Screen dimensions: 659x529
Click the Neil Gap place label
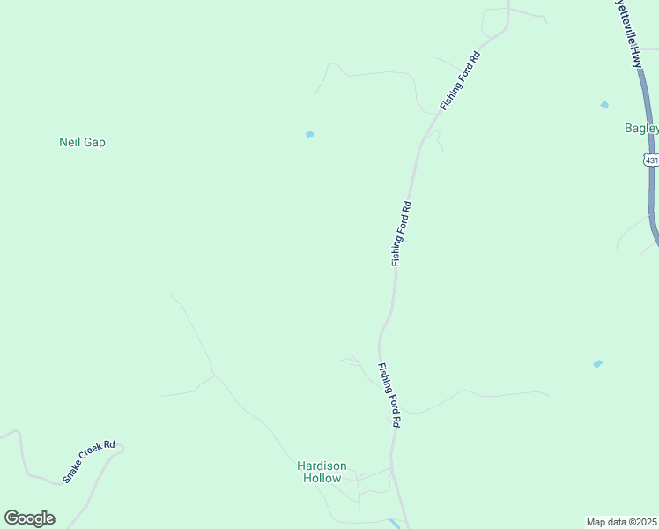(82, 142)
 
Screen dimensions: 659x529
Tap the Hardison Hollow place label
(322, 472)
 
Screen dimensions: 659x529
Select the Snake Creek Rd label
(89, 461)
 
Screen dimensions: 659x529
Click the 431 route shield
(651, 160)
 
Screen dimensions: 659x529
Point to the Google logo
(29, 518)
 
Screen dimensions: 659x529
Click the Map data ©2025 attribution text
(622, 522)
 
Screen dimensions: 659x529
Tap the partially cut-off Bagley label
(641, 128)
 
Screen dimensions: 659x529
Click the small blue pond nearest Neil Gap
(309, 134)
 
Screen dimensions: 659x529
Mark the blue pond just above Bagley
(604, 105)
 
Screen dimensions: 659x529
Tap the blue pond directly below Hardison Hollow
(394, 523)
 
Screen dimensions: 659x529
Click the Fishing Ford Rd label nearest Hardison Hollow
(389, 395)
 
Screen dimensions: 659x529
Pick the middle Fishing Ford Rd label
(401, 234)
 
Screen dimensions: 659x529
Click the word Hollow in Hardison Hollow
(322, 478)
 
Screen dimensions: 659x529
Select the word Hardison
(322, 466)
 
